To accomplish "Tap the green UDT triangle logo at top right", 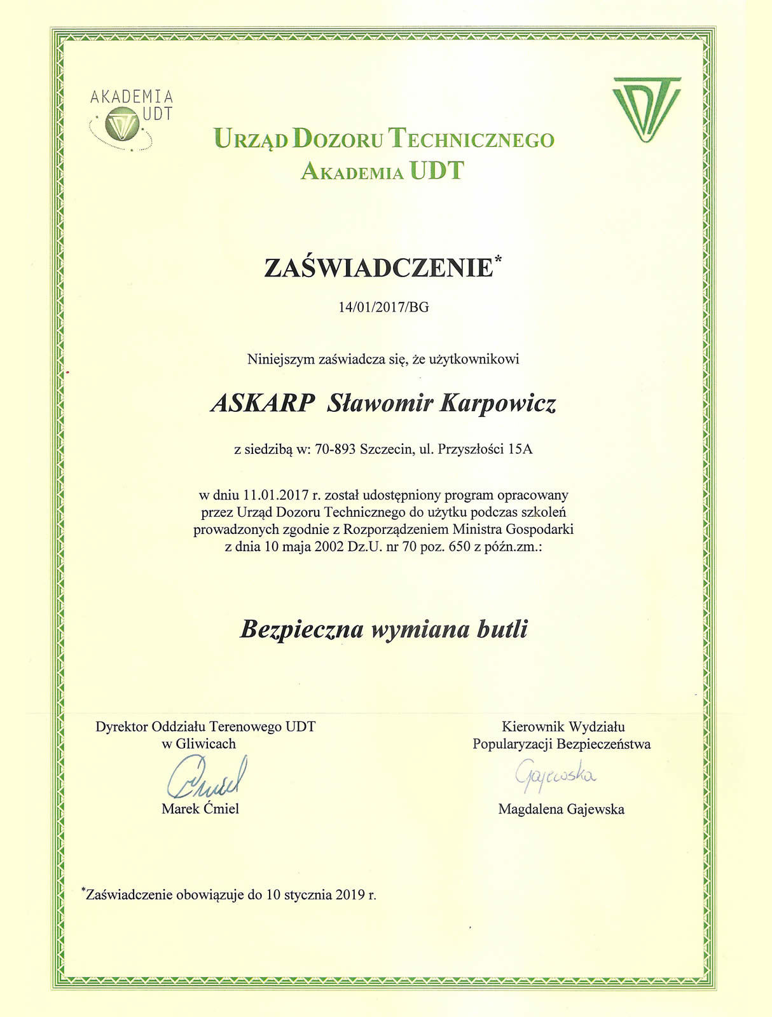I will (647, 108).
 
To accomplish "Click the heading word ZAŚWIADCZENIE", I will (378, 268).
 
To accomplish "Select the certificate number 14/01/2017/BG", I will (383, 307).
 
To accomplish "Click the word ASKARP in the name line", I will (263, 403).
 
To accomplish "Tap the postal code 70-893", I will (335, 449).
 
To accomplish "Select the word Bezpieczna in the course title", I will (302, 629).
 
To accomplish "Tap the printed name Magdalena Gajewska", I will (561, 809).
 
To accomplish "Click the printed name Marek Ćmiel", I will (200, 809).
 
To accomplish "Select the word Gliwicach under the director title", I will (205, 744).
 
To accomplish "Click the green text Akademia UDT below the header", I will (382, 171).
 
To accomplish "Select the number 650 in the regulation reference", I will (459, 547).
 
